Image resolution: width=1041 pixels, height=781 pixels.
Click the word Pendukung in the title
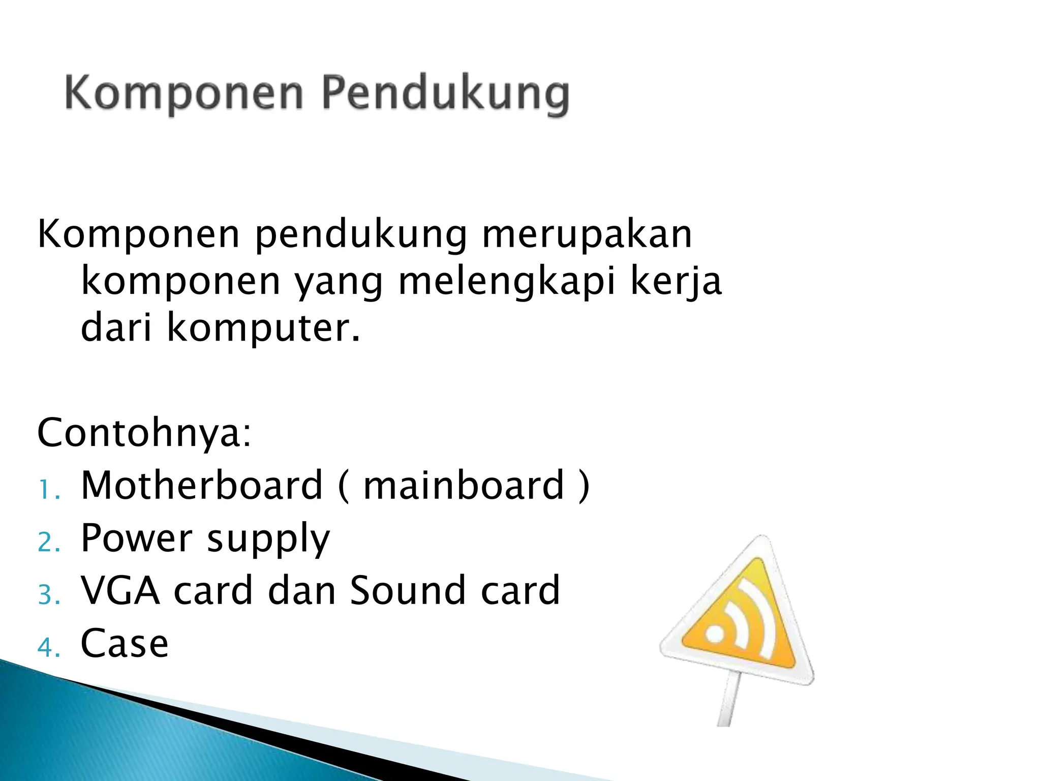pos(445,95)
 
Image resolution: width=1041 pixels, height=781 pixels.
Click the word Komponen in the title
pos(185,94)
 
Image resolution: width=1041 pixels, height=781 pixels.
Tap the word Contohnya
pos(144,433)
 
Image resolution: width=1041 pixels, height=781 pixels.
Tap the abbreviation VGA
pos(120,590)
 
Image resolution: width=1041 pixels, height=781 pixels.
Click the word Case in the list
pos(125,644)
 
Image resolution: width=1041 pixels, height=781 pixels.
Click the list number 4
pos(48,647)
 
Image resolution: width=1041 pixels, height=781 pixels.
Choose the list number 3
pos(48,594)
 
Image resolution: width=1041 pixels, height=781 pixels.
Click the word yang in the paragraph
pos(339,283)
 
